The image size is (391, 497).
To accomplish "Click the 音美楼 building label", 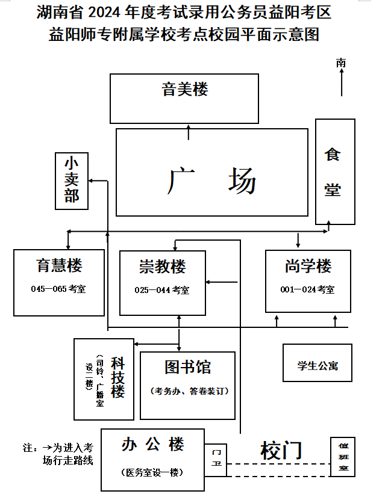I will [185, 90].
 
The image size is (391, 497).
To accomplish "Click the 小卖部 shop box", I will [72, 180].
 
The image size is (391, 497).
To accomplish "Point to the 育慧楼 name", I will [59, 265].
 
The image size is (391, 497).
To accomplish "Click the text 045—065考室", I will [58, 289].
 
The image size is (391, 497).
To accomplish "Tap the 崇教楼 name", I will [163, 266].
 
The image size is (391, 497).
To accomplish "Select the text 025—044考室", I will [162, 290].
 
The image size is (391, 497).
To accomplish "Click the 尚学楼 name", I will [308, 265].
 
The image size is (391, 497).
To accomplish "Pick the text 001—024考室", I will [307, 289].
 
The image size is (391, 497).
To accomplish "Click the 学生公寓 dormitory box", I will [317, 365].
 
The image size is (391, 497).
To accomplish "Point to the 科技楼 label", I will [117, 379].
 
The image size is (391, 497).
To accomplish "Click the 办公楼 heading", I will [152, 445].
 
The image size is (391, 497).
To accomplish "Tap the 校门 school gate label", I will [281, 449].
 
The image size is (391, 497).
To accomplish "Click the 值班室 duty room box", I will [343, 457].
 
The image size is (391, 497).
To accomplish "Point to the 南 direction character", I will [342, 62].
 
